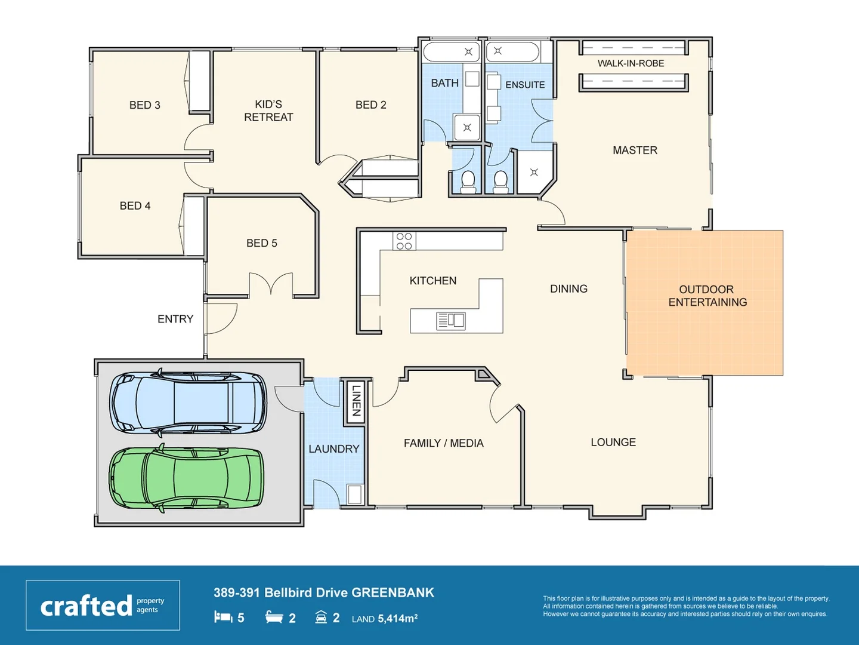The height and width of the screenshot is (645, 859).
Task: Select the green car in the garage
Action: pos(187,478)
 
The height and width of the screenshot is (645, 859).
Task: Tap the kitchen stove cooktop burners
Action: pos(404,241)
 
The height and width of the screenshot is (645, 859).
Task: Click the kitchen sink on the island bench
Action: pos(451,321)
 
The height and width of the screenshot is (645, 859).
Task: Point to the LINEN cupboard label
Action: pos(356,400)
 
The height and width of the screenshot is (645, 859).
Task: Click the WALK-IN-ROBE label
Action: pos(631,63)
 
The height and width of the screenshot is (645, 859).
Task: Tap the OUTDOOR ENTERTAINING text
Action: pos(707,296)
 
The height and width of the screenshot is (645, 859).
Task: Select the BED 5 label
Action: pos(261,243)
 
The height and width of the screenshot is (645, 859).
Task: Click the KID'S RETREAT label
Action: pos(268,111)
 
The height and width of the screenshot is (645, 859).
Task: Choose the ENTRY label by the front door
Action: pos(175,319)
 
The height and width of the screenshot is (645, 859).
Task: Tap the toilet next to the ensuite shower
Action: pos(500,182)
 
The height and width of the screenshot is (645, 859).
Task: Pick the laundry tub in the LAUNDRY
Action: pos(354,494)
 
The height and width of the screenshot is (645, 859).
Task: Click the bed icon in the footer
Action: pos(223,617)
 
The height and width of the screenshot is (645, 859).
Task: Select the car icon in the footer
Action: pos(321,617)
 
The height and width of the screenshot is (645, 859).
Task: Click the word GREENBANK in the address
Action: pos(393,592)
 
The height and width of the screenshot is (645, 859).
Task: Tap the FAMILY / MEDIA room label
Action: pos(443,443)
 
